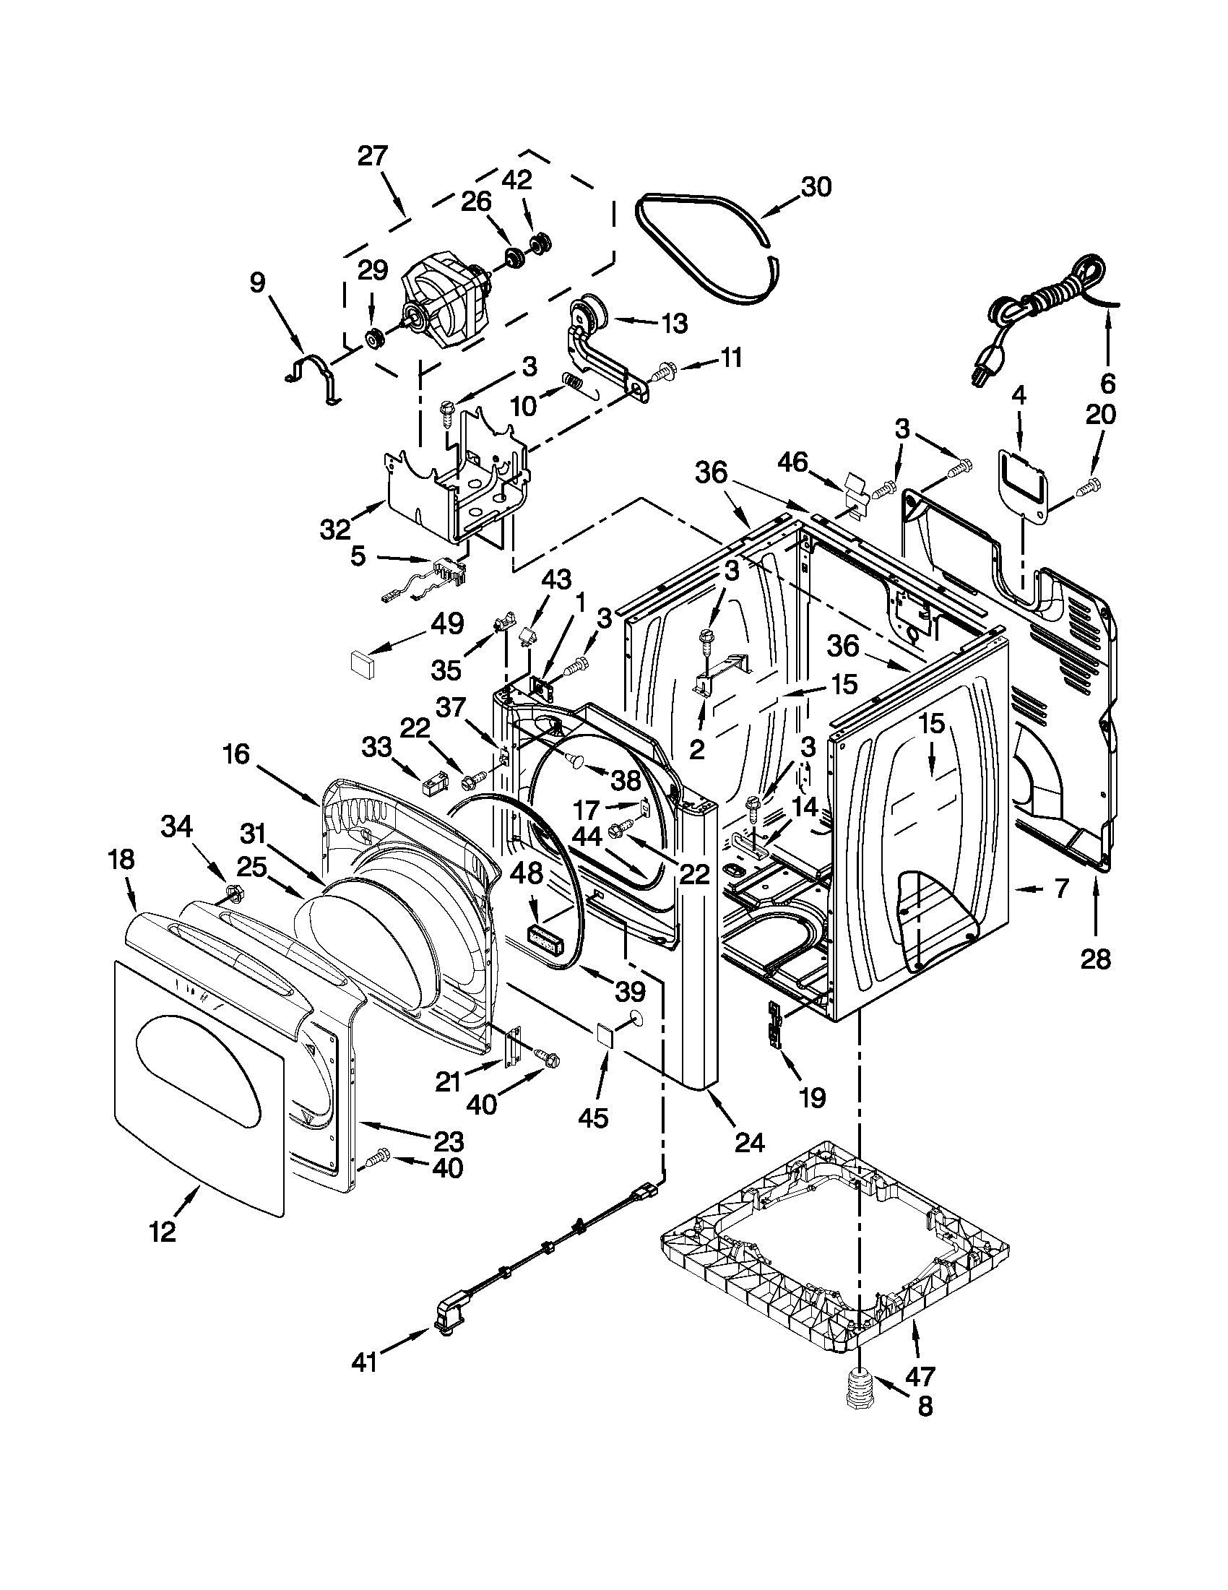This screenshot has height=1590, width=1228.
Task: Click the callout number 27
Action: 373,157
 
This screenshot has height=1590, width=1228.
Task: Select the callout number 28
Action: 1095,959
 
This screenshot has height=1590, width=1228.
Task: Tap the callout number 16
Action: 238,755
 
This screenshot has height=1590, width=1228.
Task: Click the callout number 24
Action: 750,1143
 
